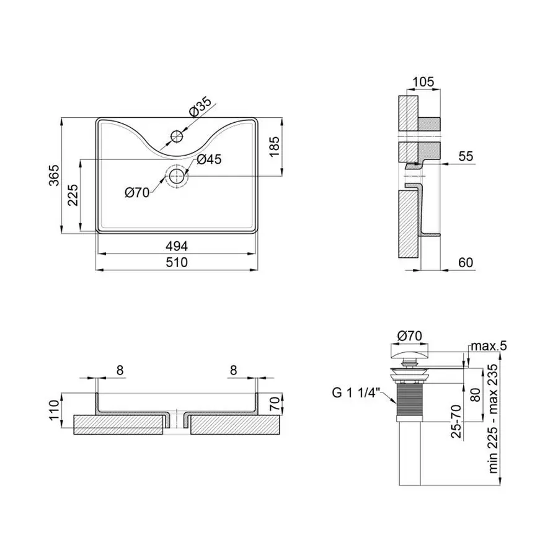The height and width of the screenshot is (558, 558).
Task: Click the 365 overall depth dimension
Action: (54, 175)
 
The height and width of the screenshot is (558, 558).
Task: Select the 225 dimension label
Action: (73, 196)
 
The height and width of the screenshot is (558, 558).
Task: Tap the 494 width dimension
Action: (177, 246)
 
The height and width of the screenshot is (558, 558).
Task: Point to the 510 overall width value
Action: (177, 262)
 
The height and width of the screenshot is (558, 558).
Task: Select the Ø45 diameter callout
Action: (210, 159)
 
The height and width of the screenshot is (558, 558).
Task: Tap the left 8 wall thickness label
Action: (120, 370)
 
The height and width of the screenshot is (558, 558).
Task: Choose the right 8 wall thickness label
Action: (233, 370)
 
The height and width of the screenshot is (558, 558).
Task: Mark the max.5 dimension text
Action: (488, 345)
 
